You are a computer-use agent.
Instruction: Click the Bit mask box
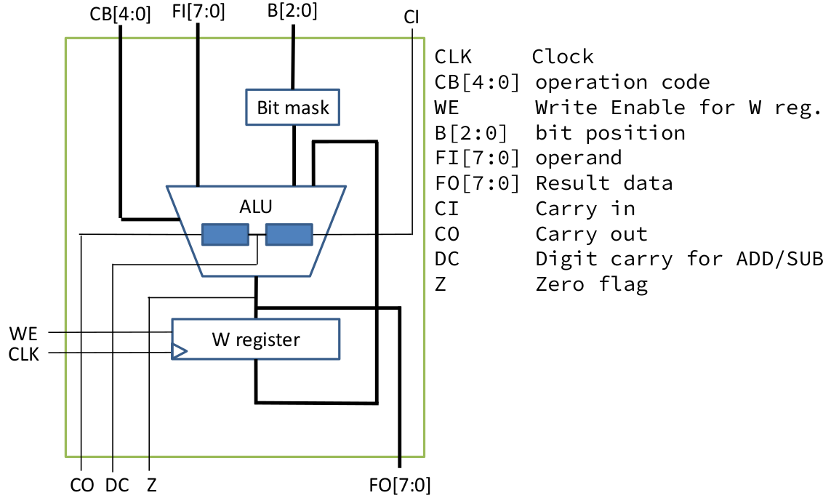293,108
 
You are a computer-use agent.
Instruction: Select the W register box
256,339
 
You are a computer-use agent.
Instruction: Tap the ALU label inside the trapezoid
256,206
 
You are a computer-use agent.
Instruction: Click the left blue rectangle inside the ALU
225,234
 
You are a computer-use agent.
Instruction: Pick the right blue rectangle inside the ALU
289,234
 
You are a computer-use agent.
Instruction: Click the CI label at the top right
412,16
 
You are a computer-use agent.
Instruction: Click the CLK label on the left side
25,354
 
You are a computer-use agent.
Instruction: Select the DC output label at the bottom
117,484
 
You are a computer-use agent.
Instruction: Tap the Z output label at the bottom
151,484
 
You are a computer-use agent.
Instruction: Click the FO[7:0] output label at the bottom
400,484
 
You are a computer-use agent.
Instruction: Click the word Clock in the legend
563,57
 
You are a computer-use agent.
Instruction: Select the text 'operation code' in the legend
622,82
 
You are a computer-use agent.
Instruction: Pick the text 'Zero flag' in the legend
591,284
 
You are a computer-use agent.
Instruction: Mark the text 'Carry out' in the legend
591,233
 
